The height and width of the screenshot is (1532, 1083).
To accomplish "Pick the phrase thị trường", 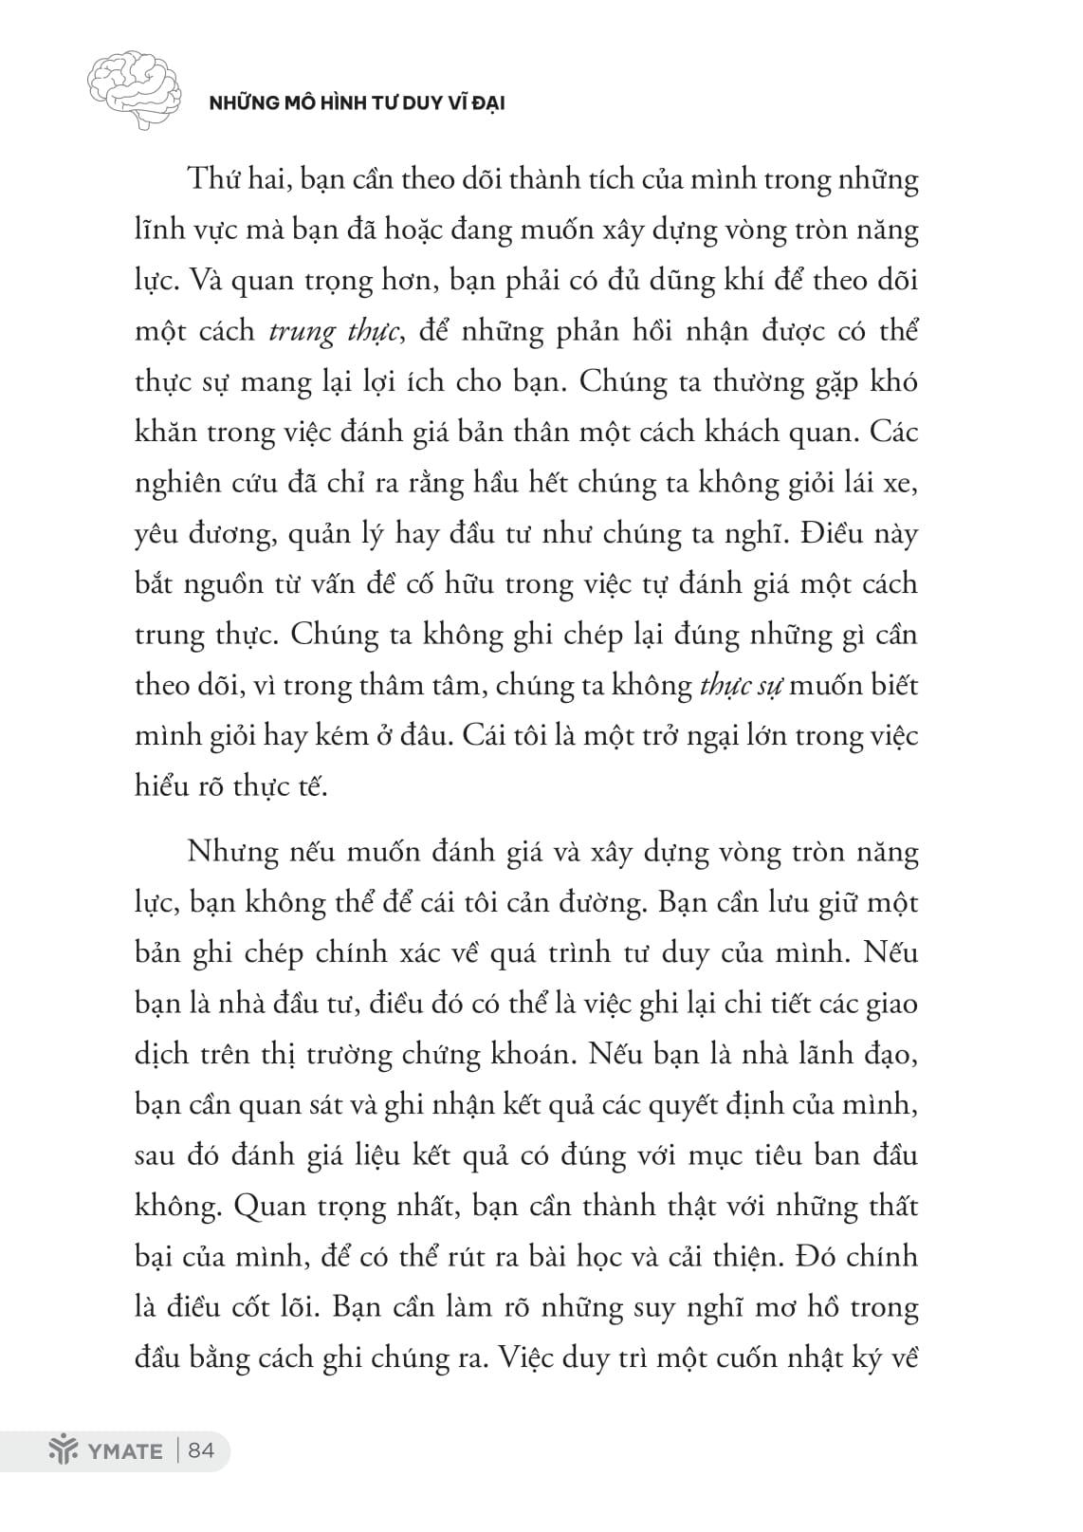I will pyautogui.click(x=330, y=1054).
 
